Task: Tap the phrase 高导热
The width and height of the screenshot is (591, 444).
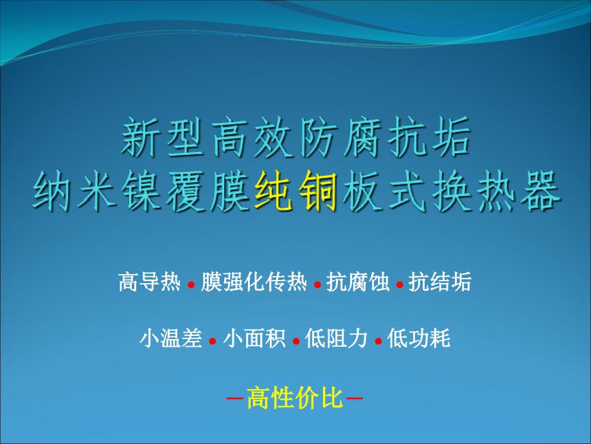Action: [x=150, y=282]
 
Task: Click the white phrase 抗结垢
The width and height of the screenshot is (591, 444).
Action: [x=441, y=282]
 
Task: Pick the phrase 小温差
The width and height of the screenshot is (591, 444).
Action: [x=171, y=338]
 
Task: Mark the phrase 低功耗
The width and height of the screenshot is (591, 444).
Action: [x=419, y=338]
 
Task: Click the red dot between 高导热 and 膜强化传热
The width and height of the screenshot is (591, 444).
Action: [x=191, y=285]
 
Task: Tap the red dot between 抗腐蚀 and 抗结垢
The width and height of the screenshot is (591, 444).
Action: [x=400, y=285]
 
